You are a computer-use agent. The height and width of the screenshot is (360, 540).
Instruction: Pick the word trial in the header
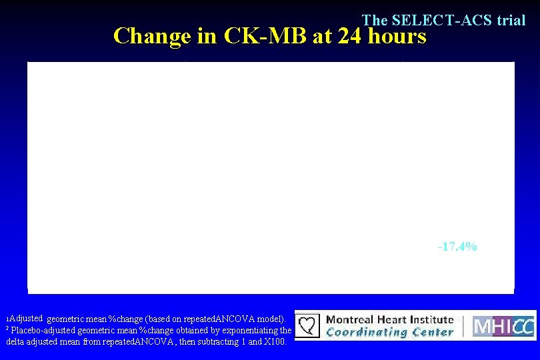pyautogui.click(x=511, y=21)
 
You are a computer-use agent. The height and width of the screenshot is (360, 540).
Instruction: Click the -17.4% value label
pyautogui.click(x=457, y=247)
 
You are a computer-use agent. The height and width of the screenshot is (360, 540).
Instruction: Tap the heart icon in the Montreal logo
pyautogui.click(x=308, y=326)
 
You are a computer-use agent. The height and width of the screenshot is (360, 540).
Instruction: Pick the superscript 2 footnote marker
pyautogui.click(x=7, y=328)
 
